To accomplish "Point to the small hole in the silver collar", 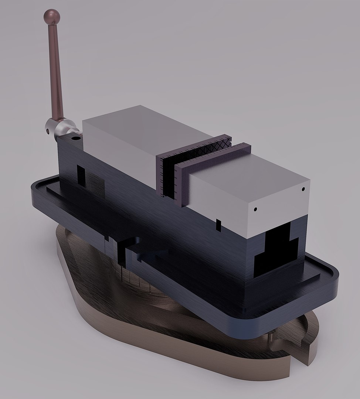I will tap(48, 130).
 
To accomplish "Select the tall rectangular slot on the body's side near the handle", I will tap(81, 175).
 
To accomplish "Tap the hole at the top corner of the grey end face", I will tap(303, 189).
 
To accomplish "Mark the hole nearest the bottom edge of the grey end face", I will tap(255, 209).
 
